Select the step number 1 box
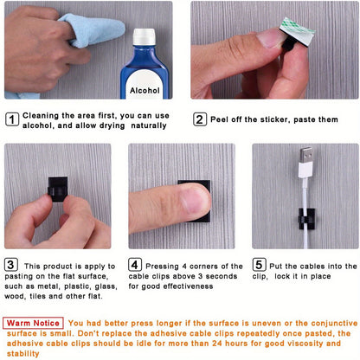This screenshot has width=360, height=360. coord(11,119)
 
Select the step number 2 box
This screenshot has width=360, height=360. coord(199,119)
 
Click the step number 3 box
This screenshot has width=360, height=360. coord(11,265)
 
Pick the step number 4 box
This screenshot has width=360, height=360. coord(136,265)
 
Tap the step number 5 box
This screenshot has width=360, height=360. coord(259,265)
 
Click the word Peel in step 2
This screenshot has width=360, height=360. coord(221,119)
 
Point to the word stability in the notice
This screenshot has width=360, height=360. coord(23,354)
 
